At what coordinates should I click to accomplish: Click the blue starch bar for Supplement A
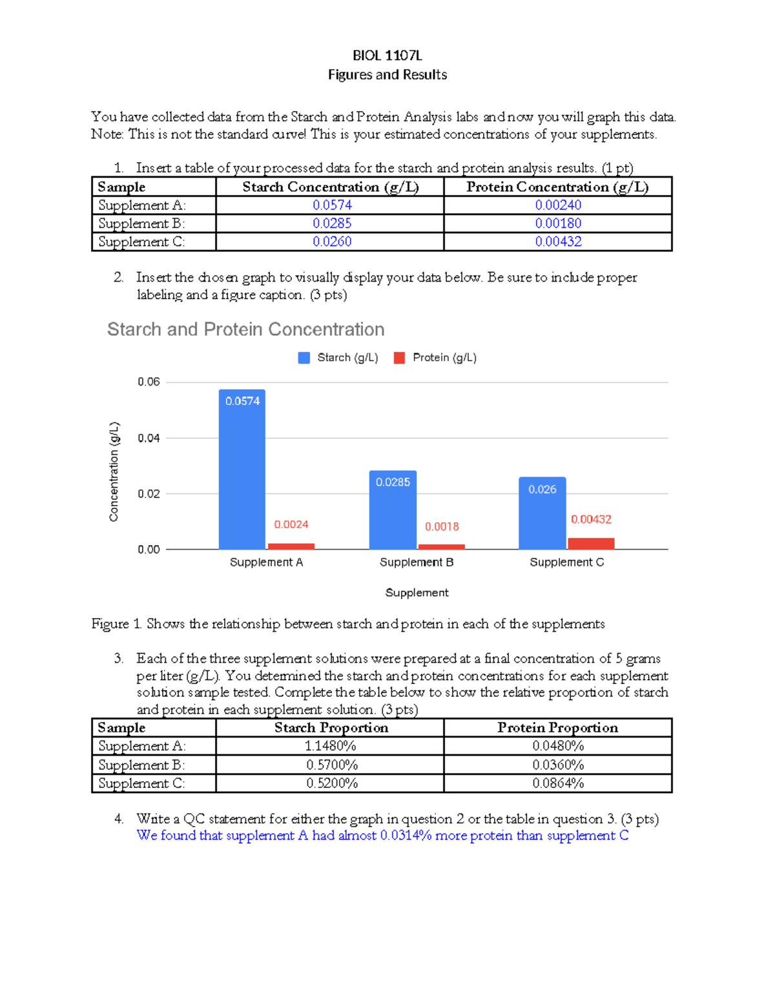242,471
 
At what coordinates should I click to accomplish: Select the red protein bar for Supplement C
591,543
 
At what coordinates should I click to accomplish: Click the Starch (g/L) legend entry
338,358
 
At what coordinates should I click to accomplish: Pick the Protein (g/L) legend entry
435,358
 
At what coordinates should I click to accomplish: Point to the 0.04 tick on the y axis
149,438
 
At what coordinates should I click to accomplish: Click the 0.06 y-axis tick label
149,382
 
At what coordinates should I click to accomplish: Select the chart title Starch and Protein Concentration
245,329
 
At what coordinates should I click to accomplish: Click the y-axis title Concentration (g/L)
114,471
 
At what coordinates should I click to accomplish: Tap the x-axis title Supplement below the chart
417,592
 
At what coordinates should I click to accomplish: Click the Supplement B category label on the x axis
417,562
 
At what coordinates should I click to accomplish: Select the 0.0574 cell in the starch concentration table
332,205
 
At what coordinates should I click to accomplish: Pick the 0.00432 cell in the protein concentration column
558,242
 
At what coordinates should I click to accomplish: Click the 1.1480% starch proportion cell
331,746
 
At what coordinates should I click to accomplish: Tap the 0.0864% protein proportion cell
558,783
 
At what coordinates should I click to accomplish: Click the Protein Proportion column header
557,728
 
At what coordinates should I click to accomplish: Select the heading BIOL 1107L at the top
387,56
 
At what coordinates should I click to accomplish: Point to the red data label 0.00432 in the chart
591,519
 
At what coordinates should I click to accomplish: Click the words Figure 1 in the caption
116,624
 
